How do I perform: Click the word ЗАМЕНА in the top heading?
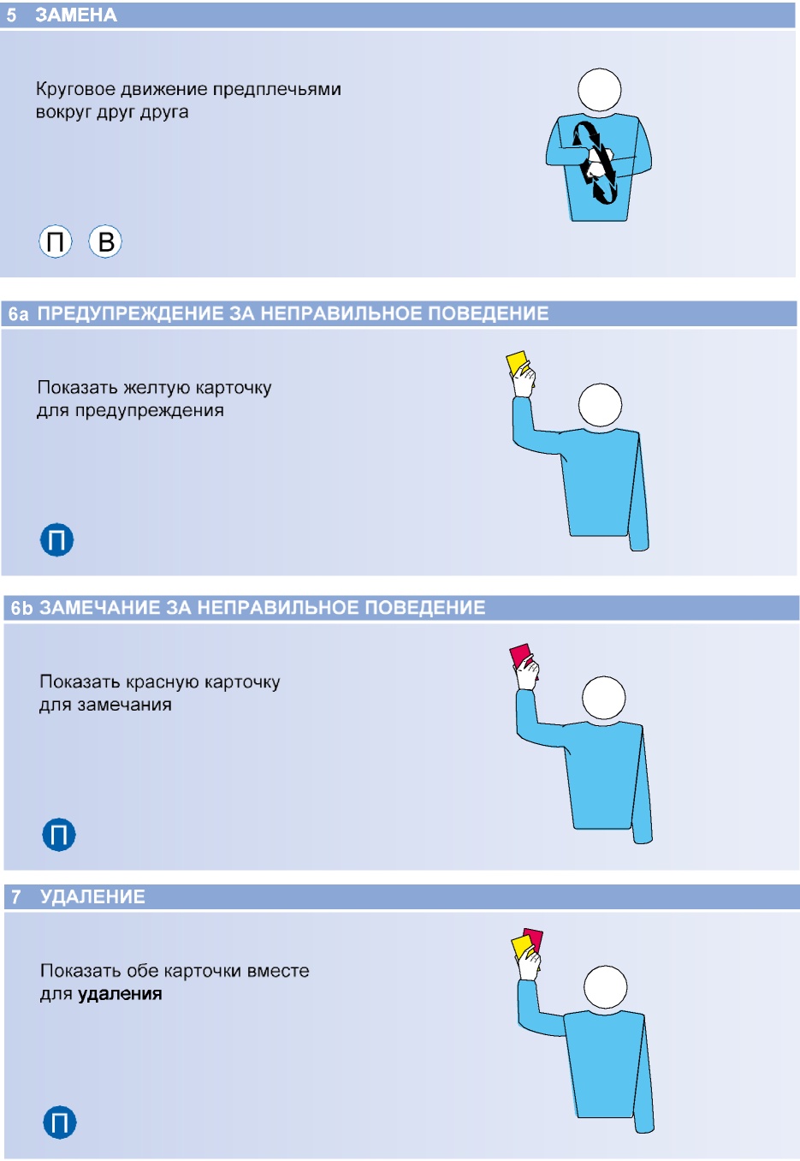[76, 15]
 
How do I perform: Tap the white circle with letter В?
[105, 241]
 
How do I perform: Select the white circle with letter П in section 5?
[56, 241]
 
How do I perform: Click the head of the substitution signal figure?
[600, 90]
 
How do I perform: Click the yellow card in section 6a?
[519, 365]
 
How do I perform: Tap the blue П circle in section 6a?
[57, 539]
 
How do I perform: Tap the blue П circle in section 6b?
[59, 834]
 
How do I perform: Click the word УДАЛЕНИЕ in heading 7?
[92, 896]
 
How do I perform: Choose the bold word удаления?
[120, 993]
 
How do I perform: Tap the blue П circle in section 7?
[60, 1122]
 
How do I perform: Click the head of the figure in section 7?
[605, 987]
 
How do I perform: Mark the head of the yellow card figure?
[600, 405]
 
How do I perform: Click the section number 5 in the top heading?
[11, 15]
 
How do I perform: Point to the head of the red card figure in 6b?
[604, 698]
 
